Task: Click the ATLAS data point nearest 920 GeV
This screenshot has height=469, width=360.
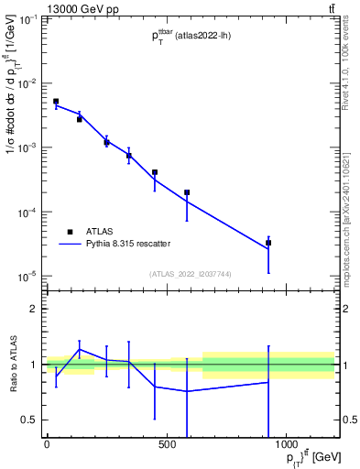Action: [x=268, y=243]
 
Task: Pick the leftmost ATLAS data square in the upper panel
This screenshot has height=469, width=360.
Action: [x=56, y=102]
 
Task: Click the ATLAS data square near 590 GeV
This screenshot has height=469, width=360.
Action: [x=187, y=192]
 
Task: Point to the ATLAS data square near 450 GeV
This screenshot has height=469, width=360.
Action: [x=155, y=172]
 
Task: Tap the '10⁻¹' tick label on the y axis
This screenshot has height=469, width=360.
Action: [x=28, y=19]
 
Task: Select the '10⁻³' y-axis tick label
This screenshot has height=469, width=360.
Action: [x=28, y=147]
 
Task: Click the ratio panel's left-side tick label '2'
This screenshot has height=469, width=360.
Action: [x=35, y=309]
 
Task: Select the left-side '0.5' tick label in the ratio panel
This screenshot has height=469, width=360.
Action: [x=31, y=420]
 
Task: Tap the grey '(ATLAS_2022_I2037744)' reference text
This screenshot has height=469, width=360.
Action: [x=190, y=274]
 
